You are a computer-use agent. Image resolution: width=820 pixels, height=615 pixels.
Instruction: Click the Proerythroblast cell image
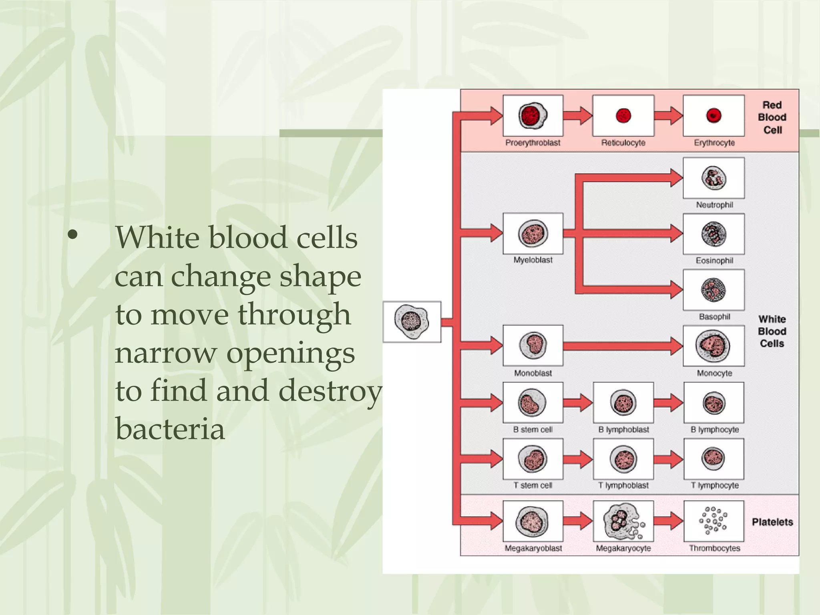[533, 116]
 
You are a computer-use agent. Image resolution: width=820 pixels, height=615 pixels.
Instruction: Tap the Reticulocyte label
[623, 143]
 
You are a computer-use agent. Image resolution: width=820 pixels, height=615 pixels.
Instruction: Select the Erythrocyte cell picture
[713, 116]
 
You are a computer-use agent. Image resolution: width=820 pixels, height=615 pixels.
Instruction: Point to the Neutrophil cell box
[713, 178]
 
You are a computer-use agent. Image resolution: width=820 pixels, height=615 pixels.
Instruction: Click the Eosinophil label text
[714, 261]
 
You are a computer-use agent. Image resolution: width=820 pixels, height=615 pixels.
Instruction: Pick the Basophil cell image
[713, 290]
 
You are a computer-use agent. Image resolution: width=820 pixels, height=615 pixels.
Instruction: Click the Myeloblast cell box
[533, 234]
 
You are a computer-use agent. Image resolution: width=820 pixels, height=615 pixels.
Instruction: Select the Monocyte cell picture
[713, 346]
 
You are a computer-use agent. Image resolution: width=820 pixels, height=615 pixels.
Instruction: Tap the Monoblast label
[533, 373]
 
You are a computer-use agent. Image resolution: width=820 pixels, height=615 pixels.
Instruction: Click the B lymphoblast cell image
[623, 403]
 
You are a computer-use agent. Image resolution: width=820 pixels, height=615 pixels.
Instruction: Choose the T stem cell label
[533, 485]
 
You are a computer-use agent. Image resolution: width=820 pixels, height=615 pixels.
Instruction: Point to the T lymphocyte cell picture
[713, 459]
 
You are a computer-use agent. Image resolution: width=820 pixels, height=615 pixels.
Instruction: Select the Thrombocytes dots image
[713, 521]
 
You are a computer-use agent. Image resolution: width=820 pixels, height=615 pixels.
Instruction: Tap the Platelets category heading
[772, 522]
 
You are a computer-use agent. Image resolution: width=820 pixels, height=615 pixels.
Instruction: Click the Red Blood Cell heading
[772, 117]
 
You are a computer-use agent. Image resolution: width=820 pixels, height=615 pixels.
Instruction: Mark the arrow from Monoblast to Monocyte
[623, 346]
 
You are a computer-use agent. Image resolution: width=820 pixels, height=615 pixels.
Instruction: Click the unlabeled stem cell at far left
[412, 322]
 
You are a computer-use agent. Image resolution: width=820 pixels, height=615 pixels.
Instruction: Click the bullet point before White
[72, 236]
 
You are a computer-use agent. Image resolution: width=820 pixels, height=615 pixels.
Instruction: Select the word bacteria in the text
[170, 429]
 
